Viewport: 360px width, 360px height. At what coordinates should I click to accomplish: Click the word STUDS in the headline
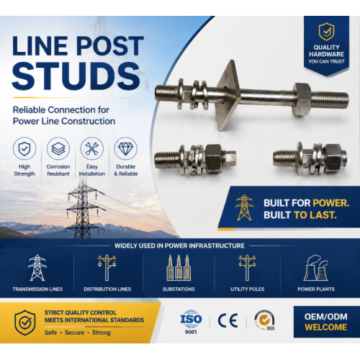(76, 76)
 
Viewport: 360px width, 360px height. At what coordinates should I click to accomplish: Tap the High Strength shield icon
(24, 148)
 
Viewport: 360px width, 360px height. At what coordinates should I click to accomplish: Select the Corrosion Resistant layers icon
(58, 148)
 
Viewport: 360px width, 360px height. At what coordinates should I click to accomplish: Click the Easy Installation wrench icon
(92, 148)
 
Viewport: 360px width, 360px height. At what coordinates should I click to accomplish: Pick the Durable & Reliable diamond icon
(126, 148)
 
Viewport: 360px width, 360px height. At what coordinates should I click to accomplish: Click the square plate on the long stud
(228, 95)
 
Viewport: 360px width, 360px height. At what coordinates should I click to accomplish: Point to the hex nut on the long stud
(302, 99)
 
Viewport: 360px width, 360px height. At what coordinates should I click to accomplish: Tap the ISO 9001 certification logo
(191, 322)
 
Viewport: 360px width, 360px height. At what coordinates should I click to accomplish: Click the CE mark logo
(228, 320)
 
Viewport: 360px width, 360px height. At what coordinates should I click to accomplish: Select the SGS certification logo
(264, 320)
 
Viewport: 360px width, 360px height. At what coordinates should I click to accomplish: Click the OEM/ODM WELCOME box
(327, 322)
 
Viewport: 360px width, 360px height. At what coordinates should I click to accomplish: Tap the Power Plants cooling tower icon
(316, 268)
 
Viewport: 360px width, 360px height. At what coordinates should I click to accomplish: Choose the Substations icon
(179, 268)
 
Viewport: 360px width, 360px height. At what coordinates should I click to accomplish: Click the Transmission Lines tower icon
(37, 268)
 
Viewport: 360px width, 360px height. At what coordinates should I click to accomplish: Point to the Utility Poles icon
(247, 268)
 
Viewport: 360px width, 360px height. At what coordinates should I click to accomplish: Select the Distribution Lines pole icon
(107, 268)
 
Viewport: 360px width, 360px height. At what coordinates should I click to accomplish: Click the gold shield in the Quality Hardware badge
(326, 32)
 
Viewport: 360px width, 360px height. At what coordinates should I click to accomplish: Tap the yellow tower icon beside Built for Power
(244, 207)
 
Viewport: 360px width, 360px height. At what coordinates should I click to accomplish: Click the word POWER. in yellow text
(331, 203)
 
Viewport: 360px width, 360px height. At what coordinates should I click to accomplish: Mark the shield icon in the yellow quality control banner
(25, 323)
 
